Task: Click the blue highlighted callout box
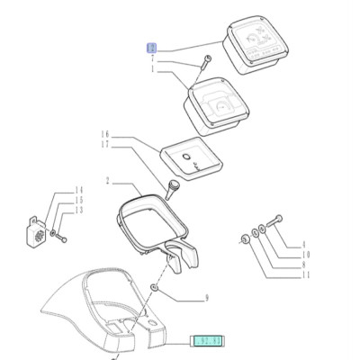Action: click(x=153, y=48)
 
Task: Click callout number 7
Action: click(x=153, y=58)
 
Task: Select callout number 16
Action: click(x=104, y=134)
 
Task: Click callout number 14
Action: click(x=78, y=190)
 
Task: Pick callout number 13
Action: click(x=78, y=210)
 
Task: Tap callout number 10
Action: click(x=303, y=255)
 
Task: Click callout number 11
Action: click(x=303, y=274)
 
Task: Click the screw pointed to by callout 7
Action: click(x=205, y=62)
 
